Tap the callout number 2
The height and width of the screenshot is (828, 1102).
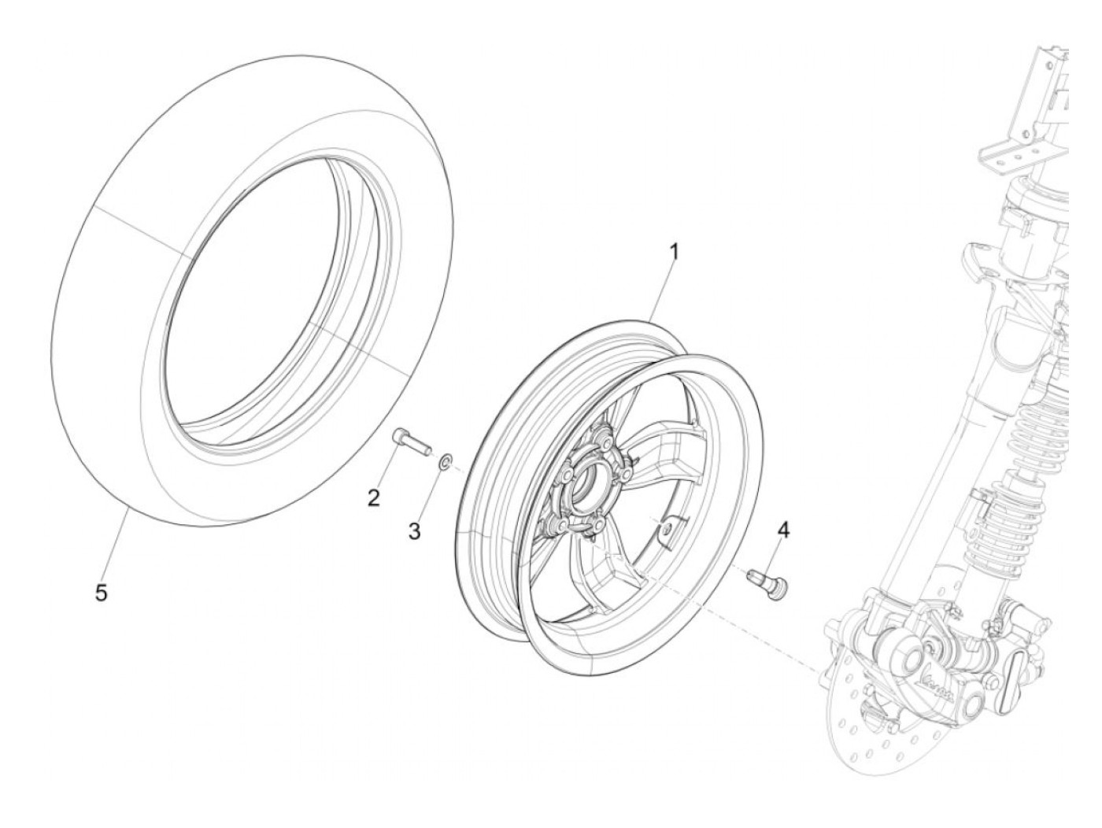pos(373,497)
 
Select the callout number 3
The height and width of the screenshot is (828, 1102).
pos(414,531)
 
